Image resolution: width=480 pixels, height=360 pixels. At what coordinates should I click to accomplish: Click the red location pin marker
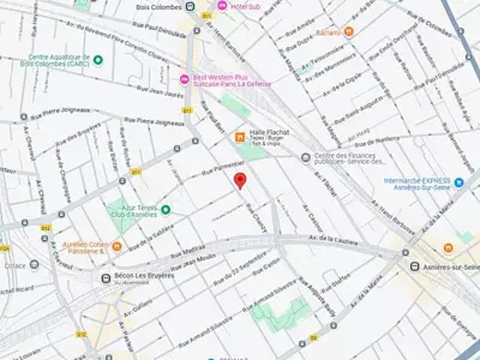(x=240, y=180)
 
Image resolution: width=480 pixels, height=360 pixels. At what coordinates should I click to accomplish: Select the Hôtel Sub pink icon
(x=222, y=6)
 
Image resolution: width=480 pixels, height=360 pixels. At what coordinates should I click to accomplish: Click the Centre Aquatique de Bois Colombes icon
(x=98, y=59)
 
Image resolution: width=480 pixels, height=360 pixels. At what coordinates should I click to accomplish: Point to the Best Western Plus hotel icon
(x=184, y=80)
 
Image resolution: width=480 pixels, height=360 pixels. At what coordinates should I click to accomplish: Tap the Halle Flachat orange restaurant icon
(x=240, y=136)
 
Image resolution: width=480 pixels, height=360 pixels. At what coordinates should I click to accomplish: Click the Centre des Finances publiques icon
(x=305, y=157)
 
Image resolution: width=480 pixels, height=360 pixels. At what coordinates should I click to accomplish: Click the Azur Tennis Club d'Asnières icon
(x=166, y=209)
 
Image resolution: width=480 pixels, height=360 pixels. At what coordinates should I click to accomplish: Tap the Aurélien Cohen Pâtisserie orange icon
(x=117, y=245)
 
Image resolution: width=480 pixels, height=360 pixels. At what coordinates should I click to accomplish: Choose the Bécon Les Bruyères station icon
(x=106, y=278)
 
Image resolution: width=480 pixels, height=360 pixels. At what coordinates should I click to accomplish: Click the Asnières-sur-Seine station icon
(x=414, y=266)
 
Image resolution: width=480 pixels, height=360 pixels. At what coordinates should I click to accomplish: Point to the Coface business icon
(x=34, y=264)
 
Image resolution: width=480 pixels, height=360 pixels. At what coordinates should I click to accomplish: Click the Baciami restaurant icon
(x=348, y=31)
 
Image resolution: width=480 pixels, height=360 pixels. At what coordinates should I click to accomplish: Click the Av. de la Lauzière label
(x=334, y=239)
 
